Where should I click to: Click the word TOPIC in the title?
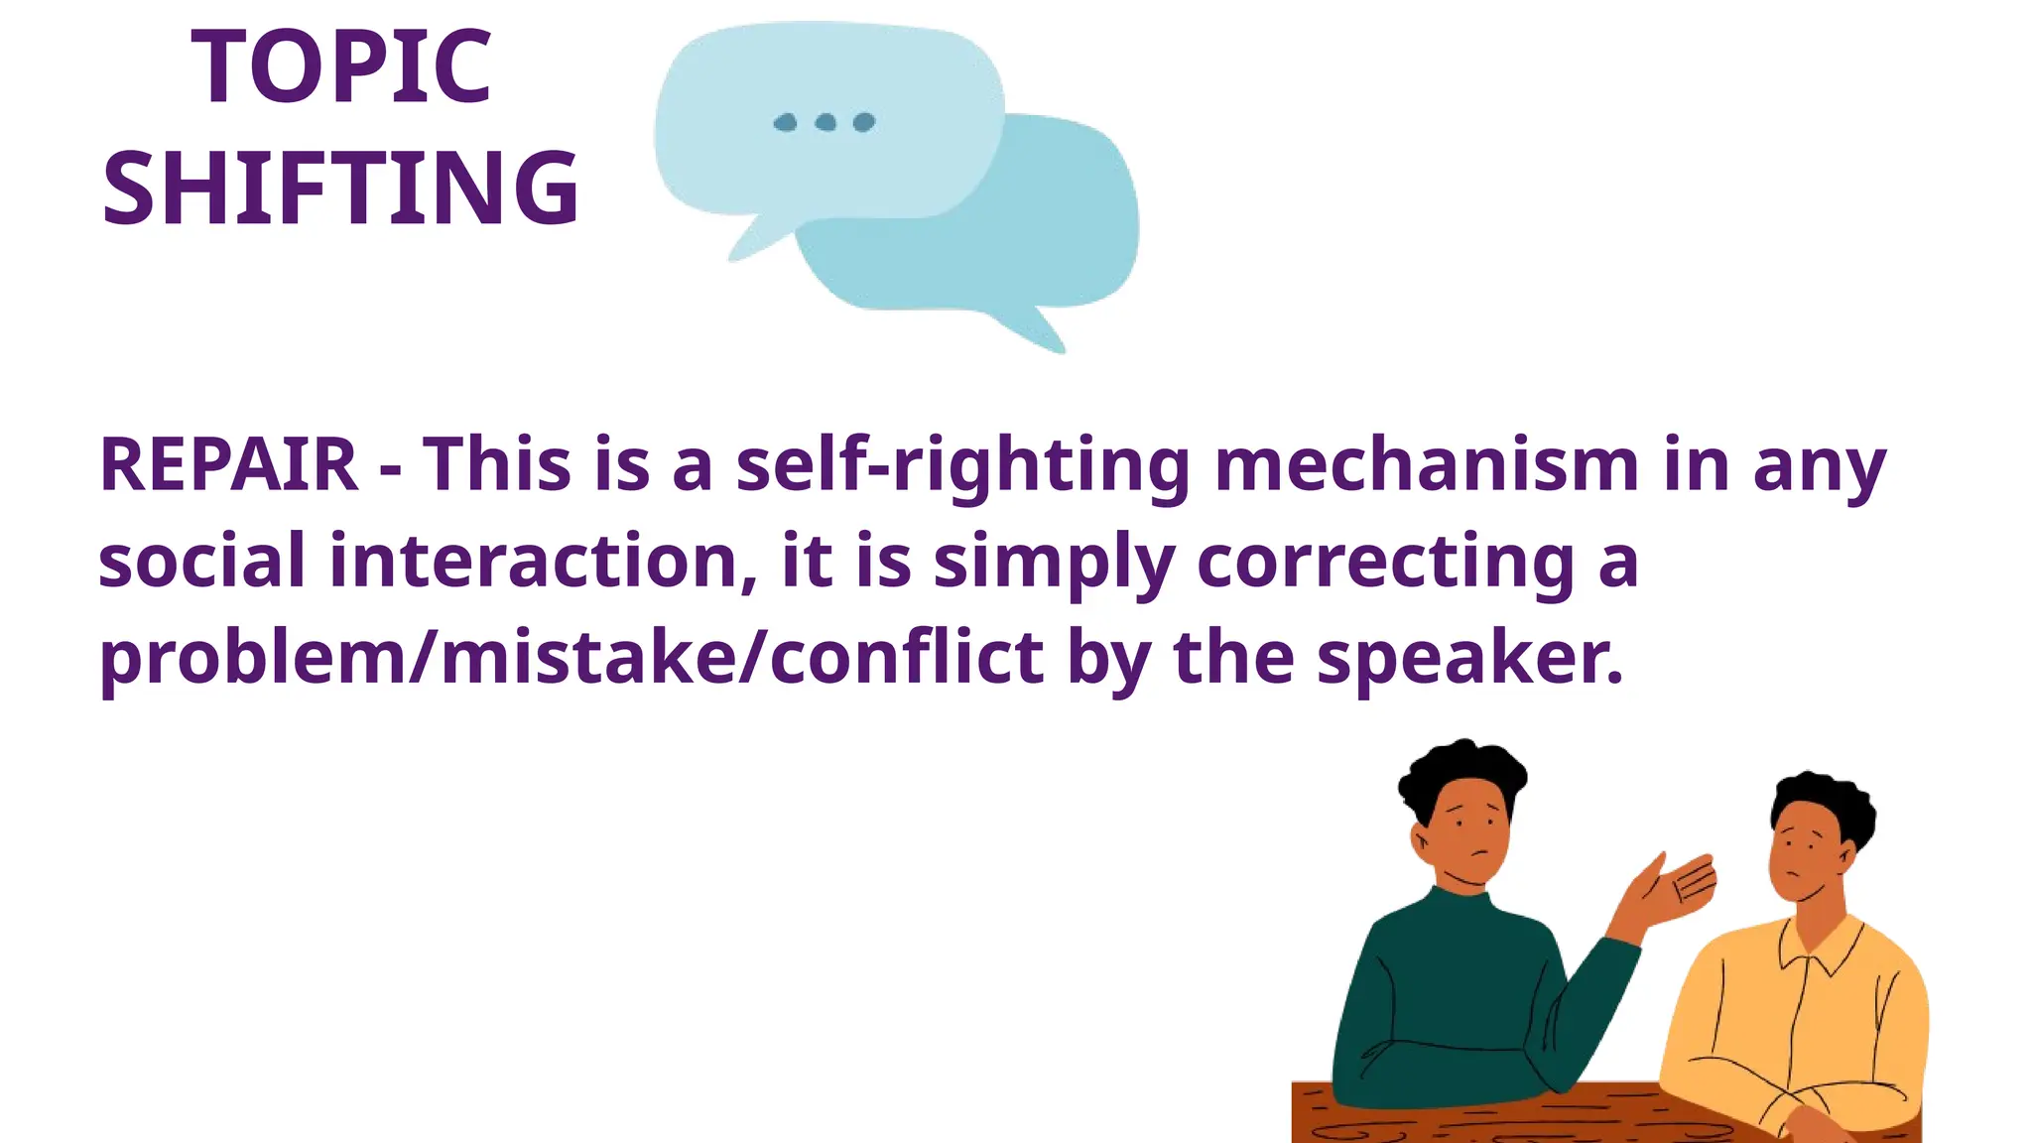[341, 67]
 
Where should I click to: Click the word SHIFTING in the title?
[341, 188]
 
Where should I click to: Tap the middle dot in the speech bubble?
[825, 122]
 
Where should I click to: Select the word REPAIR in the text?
[228, 464]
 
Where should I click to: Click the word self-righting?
[962, 464]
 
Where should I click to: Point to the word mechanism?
[1427, 464]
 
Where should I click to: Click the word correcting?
[1385, 561]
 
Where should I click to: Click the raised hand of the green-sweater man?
[1677, 883]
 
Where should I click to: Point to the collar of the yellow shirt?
[1821, 948]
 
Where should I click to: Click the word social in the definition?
[201, 561]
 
